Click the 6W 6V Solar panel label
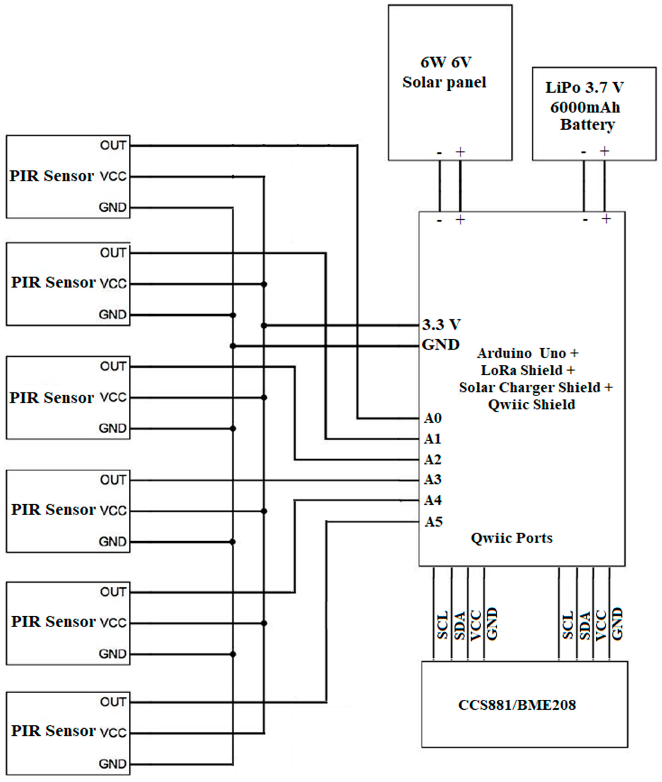click(445, 72)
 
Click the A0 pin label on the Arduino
click(433, 418)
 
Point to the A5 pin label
click(433, 522)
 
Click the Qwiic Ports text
click(511, 538)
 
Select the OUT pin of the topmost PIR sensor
click(113, 145)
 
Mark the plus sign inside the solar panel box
click(460, 152)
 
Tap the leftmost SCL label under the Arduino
click(443, 625)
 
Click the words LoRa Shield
click(522, 370)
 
